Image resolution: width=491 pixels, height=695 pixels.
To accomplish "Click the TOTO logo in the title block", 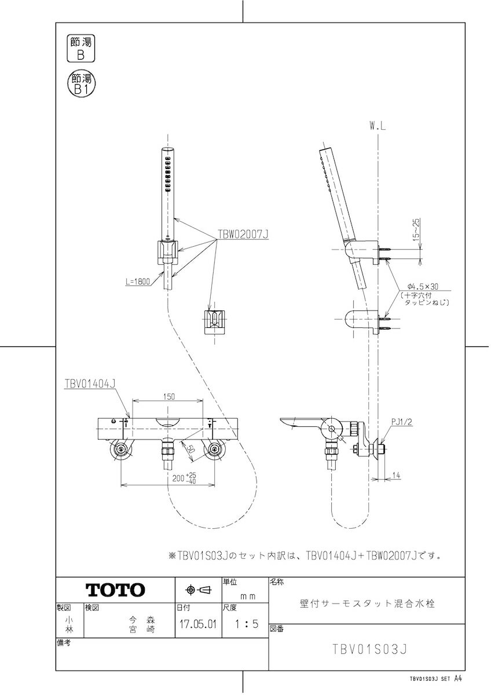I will [x=115, y=590].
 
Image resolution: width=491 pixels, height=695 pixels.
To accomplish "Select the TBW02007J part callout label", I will [x=244, y=235].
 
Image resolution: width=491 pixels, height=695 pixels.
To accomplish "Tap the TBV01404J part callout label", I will [x=90, y=383].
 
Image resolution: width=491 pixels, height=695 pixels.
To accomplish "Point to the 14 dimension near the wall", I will [x=396, y=475].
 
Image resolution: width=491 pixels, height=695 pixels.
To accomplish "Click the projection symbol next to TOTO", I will [x=198, y=590].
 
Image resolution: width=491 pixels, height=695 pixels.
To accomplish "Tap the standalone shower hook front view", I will [x=213, y=320].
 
